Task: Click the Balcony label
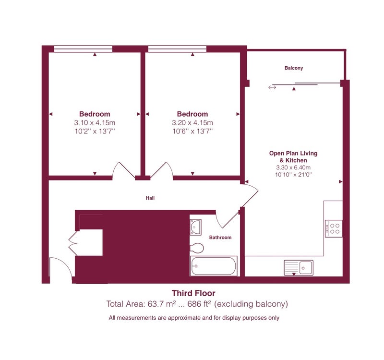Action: coord(294,68)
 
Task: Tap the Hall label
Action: coord(150,198)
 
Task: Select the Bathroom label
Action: coord(220,237)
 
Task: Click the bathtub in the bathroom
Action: coord(214,266)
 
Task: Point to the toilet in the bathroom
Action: coord(197,248)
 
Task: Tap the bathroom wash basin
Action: coord(195,227)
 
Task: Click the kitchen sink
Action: coord(299,267)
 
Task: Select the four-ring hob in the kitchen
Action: coord(334,228)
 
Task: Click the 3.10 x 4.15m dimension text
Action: coord(95,123)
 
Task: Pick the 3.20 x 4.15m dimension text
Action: coord(192,123)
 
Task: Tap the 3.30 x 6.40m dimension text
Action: coord(293,168)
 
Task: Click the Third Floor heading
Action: coord(193,293)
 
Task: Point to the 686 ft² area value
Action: coord(199,304)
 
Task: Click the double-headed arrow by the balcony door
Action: coord(272,87)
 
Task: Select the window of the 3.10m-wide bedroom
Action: coord(83,49)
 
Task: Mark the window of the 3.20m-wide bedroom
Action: coord(177,49)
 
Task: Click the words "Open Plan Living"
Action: coord(293,153)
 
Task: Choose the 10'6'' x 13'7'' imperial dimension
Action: coord(192,132)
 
